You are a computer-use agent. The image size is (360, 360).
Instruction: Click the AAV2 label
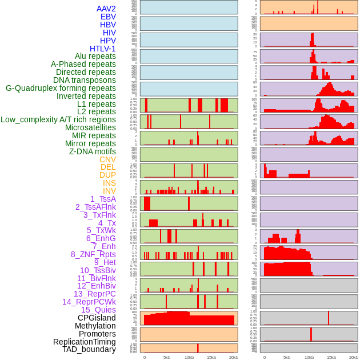106,9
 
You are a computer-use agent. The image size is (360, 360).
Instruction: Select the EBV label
108,17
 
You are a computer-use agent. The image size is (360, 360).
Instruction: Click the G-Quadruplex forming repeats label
61,88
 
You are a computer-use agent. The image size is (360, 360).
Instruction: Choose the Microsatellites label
90,127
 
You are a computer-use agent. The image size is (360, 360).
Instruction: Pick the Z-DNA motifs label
92,151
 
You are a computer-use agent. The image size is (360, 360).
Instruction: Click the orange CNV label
107,159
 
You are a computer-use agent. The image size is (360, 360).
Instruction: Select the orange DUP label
107,175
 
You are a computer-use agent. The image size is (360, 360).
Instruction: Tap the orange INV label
109,191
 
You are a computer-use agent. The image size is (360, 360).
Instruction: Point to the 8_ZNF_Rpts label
93,254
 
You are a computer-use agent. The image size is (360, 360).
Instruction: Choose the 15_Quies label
98,310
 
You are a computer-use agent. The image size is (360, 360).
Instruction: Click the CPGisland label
97,318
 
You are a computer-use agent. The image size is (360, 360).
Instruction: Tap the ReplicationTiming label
84,342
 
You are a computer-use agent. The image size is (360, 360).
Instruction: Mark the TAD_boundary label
89,349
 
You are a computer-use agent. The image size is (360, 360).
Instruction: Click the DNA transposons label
85,80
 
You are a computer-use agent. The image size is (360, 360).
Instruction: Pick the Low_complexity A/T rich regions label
58,119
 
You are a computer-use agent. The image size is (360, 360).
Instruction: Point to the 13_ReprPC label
94,294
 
